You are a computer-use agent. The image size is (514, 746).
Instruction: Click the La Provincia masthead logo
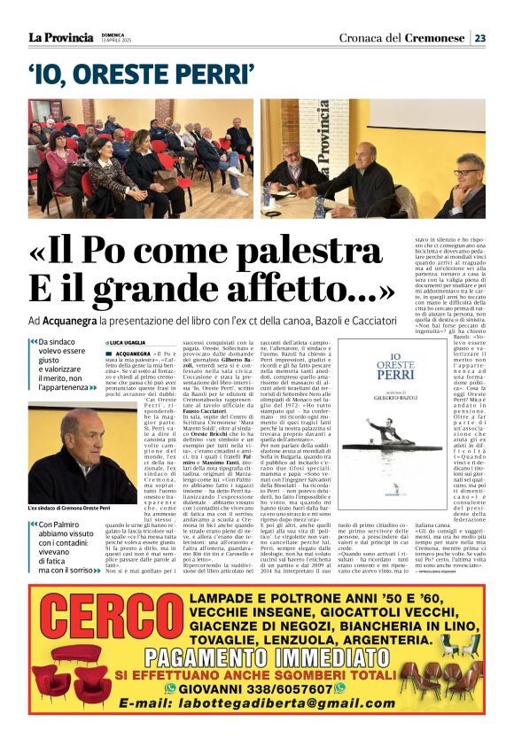pyautogui.click(x=60, y=37)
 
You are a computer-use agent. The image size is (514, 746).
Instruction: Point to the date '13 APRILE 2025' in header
pyautogui.click(x=114, y=42)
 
